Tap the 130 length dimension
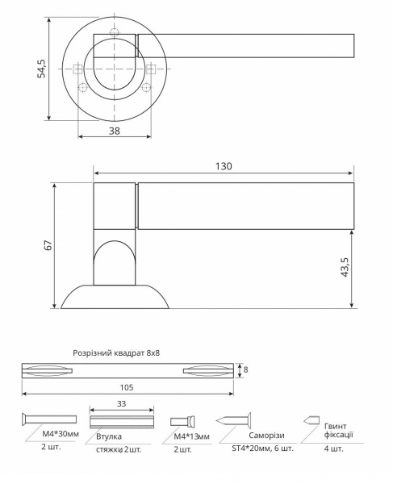click(x=224, y=166)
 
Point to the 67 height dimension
click(x=48, y=245)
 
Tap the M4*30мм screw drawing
click(x=48, y=419)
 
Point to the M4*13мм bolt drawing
click(x=184, y=421)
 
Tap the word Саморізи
click(x=256, y=435)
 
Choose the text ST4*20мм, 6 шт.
click(x=257, y=449)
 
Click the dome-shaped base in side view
click(x=115, y=296)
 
